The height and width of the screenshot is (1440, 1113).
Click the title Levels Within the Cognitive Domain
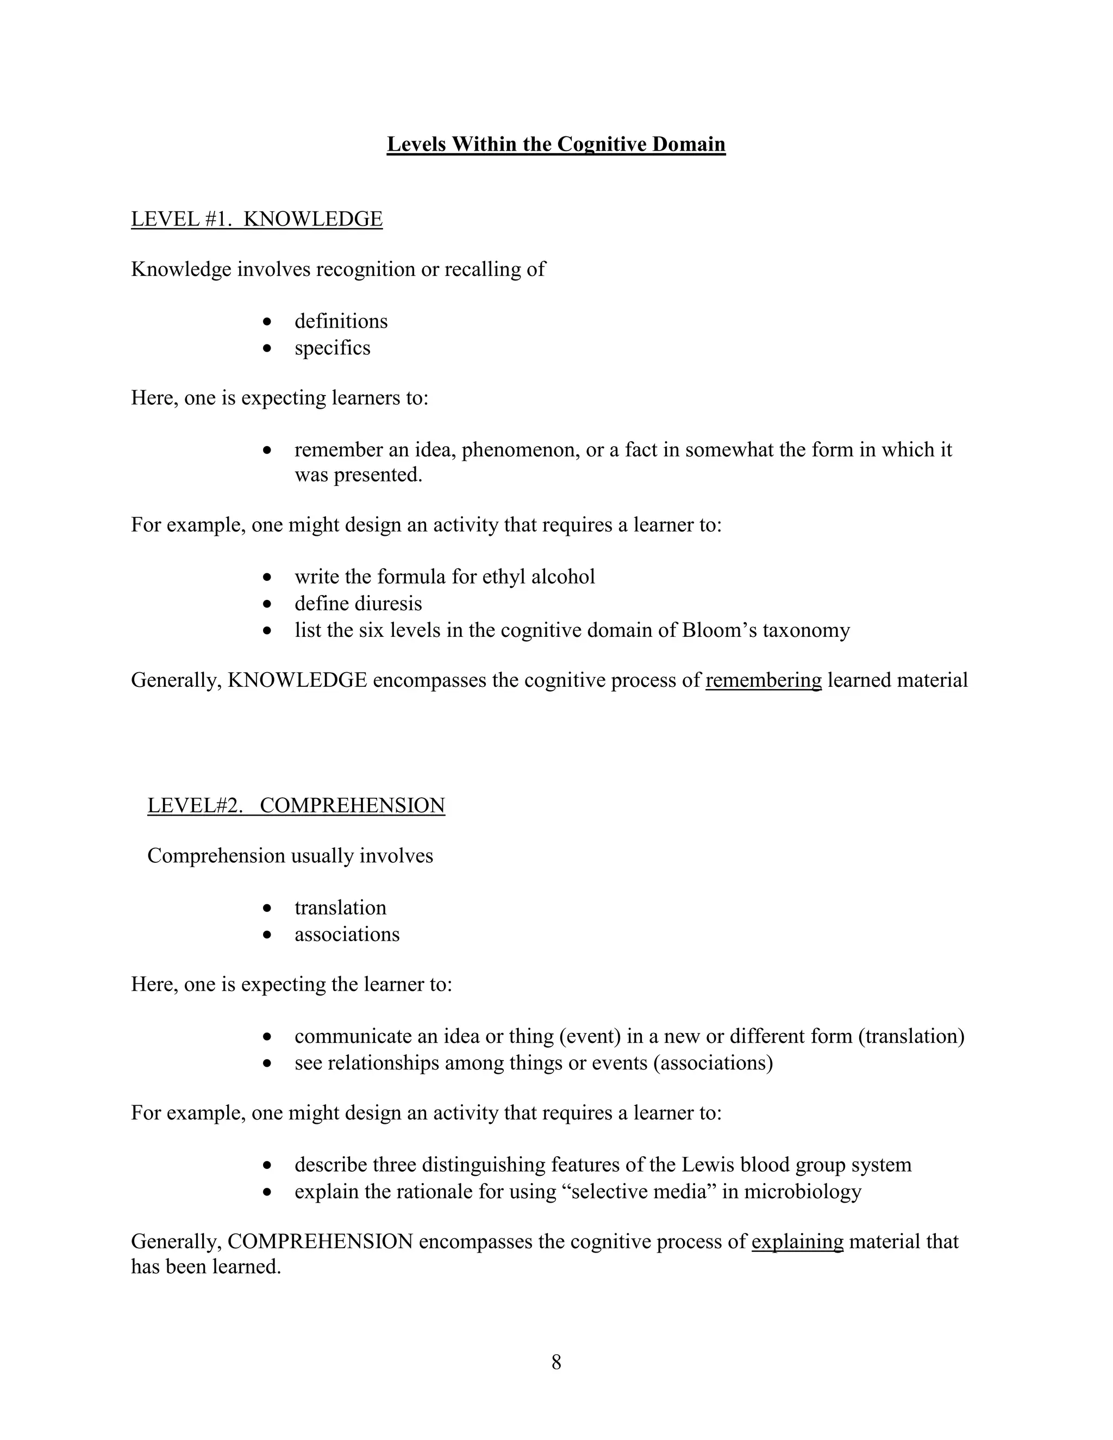tap(556, 144)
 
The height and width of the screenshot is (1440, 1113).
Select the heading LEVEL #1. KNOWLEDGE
tap(257, 219)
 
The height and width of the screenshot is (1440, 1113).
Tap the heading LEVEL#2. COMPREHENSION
tap(296, 805)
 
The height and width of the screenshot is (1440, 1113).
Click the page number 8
tap(556, 1362)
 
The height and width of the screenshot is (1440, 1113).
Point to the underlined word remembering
tap(763, 680)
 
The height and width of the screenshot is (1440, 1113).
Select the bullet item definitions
tap(341, 321)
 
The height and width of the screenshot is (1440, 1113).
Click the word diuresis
tap(390, 603)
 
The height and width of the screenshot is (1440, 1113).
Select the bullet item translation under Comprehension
tap(340, 907)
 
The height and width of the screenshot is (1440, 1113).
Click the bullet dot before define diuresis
tap(266, 604)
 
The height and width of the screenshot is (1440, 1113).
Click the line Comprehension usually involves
tap(290, 856)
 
